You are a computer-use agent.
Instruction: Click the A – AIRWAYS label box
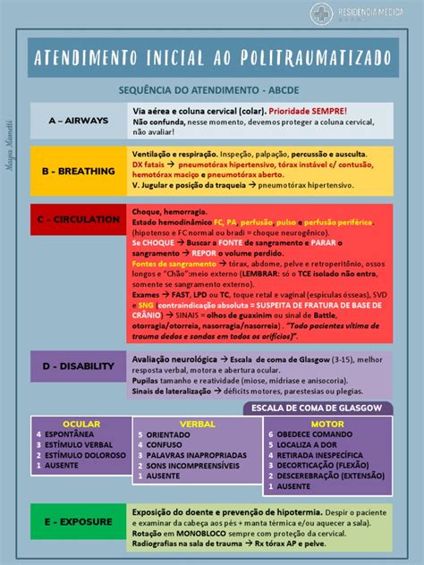click(x=80, y=120)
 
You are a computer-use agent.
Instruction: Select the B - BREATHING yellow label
click(x=80, y=171)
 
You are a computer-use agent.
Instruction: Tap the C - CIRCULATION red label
click(x=80, y=219)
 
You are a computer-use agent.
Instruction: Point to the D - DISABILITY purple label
click(x=80, y=365)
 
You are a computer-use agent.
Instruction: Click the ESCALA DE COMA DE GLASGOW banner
click(x=318, y=408)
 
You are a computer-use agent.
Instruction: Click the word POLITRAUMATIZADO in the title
click(x=320, y=57)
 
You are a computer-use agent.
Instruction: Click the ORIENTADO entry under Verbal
click(x=169, y=434)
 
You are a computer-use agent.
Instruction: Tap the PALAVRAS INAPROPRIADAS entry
click(x=196, y=455)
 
